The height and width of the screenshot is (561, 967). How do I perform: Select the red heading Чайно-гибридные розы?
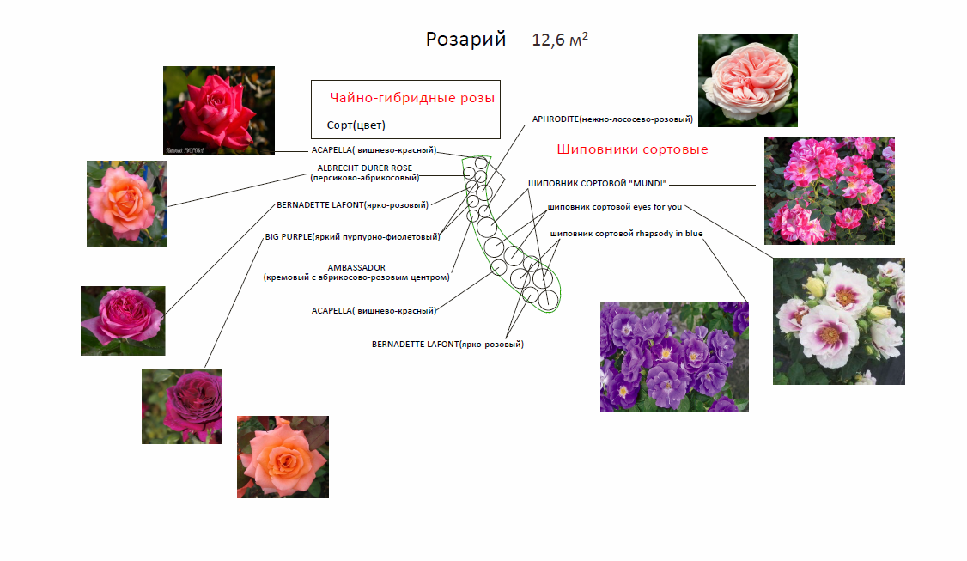point(412,98)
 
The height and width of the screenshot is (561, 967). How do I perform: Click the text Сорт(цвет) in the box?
point(356,125)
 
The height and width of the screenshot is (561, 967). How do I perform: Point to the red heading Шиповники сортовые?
point(632,149)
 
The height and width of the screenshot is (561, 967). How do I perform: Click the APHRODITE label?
point(612,119)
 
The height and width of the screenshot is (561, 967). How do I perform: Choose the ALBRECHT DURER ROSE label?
point(365,173)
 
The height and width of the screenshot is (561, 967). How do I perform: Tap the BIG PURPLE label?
point(351,235)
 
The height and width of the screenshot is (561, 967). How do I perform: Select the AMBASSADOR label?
point(356,272)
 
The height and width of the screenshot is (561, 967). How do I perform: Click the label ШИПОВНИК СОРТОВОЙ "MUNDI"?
point(598,184)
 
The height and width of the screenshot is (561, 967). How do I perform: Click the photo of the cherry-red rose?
point(219,110)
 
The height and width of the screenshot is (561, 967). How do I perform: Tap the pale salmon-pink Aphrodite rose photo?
point(747,80)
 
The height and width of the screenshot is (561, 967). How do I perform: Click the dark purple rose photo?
point(182,406)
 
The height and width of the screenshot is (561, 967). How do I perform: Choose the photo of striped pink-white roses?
point(829,191)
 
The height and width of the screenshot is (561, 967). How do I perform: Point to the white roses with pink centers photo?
point(838,321)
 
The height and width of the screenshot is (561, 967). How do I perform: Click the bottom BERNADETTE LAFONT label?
point(447,344)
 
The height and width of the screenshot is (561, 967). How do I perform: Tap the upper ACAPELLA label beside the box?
point(374,150)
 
